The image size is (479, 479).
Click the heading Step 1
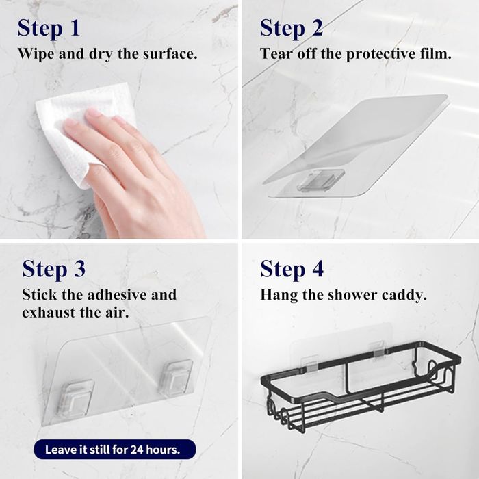[49, 28]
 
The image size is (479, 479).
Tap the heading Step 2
[291, 28]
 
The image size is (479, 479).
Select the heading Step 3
[53, 269]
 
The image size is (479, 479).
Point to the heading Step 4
[292, 269]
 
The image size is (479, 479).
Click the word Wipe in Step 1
[36, 54]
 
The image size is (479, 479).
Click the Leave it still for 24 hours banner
[115, 450]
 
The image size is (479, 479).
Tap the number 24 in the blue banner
[137, 450]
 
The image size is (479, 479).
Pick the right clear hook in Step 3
[175, 378]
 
